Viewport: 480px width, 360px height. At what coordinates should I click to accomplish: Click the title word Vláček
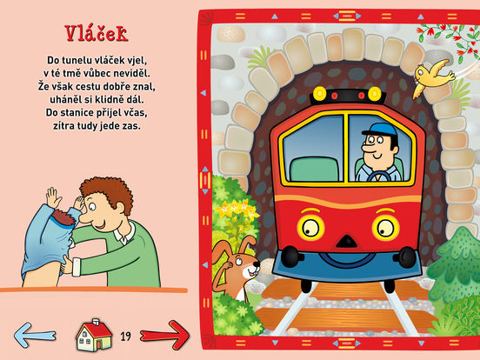pos(97,33)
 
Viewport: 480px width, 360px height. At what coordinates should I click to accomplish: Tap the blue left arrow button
pos(35,335)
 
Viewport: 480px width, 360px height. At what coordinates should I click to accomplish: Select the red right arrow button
pos(164,335)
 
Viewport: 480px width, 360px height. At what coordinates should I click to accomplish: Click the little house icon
pos(94,335)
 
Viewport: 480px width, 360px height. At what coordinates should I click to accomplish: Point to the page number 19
pos(125,337)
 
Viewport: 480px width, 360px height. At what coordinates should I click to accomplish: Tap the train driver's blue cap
pos(380,130)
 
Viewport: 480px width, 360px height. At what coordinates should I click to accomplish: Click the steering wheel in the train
pos(379,177)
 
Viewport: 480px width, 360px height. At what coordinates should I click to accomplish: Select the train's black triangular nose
pos(347,241)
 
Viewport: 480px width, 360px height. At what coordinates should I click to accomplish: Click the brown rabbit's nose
pos(257,263)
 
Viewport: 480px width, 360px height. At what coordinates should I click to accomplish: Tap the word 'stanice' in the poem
pos(77,113)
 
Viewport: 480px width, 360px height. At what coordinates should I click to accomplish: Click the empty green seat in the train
pos(315,169)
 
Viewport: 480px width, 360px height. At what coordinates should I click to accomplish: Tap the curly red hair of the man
pos(107,191)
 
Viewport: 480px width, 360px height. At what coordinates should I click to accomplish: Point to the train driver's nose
pos(366,148)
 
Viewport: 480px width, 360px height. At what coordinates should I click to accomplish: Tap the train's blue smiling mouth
pos(347,260)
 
